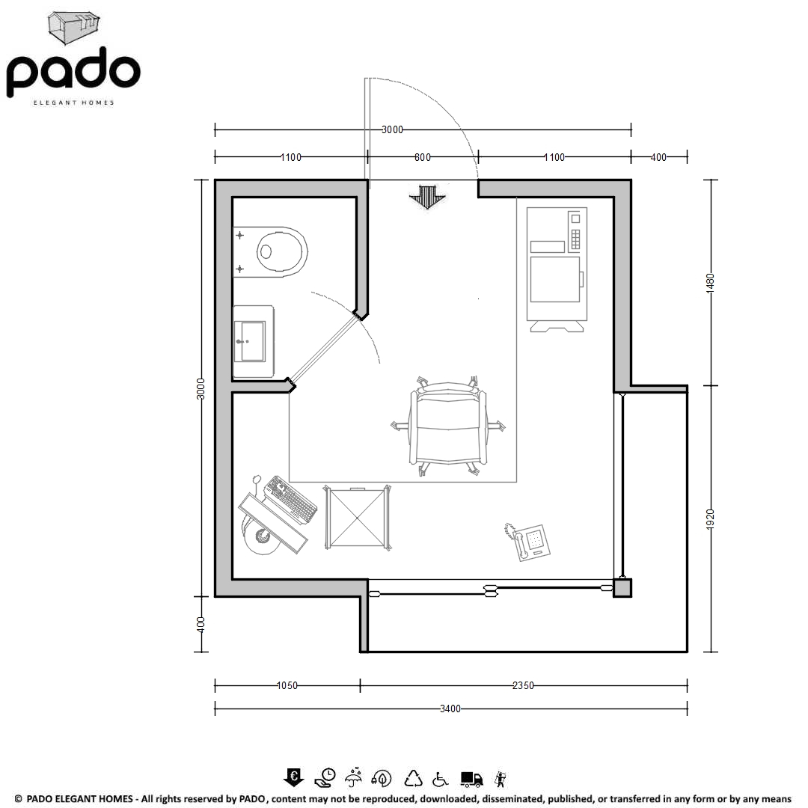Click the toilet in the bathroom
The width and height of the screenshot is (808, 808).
click(x=270, y=252)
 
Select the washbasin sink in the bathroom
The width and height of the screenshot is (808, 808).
click(x=253, y=341)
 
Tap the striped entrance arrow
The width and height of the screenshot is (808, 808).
click(x=427, y=197)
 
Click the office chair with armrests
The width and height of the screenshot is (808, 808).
click(x=448, y=426)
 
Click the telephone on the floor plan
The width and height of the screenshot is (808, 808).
click(x=527, y=542)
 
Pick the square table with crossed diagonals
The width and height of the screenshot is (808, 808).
click(x=357, y=518)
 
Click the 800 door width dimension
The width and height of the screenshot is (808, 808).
click(x=423, y=157)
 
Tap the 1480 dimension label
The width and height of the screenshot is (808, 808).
click(x=710, y=283)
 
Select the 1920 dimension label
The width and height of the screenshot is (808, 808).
click(x=710, y=518)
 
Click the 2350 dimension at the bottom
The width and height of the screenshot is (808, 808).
click(x=523, y=685)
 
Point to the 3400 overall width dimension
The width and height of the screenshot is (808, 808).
click(x=450, y=709)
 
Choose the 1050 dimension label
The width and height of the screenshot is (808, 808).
click(x=287, y=685)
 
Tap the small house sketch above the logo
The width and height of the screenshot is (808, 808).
click(x=73, y=28)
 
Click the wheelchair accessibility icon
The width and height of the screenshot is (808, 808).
click(x=440, y=779)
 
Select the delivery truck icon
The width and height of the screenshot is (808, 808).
click(x=471, y=779)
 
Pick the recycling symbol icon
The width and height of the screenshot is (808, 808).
click(x=413, y=779)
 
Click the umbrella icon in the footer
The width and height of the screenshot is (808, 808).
click(x=353, y=778)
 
